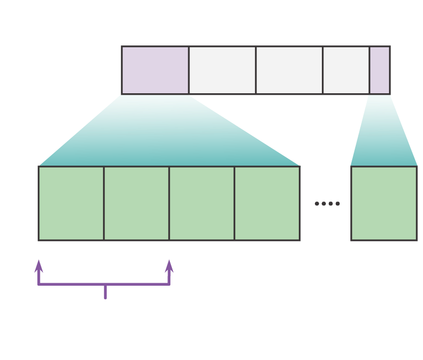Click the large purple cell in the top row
pos(155,70)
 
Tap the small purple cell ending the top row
pos(379,70)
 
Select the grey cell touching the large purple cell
pos(222,70)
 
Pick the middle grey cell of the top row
pos(289,70)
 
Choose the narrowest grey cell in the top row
pos(346,70)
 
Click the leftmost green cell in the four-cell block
pos(71,203)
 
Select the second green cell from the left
pos(137,203)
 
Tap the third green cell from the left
pos(202,203)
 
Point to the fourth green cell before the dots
pos(267,203)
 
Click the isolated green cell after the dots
pos(384,203)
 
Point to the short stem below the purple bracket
pos(105,293)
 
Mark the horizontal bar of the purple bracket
pos(75,284)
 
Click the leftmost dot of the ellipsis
pos(317,203)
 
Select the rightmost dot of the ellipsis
pos(338,203)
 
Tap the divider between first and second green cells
pos(104,203)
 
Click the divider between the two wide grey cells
pos(256,70)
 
